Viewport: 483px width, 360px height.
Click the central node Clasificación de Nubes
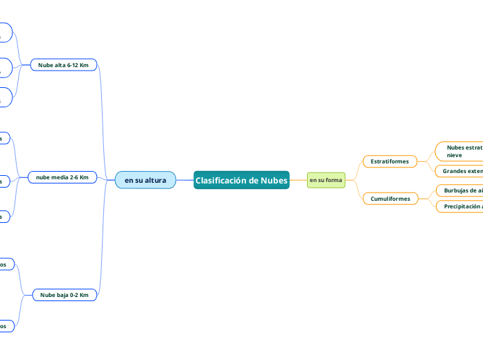click(x=241, y=180)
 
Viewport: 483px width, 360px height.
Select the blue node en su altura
click(x=145, y=180)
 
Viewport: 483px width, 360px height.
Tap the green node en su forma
click(x=326, y=180)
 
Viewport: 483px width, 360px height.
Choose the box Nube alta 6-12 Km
click(x=63, y=64)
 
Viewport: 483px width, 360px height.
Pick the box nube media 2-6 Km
click(x=62, y=177)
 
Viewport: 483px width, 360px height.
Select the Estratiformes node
click(x=389, y=161)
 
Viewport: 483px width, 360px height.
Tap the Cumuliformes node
click(x=390, y=199)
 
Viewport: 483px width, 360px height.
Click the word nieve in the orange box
click(x=455, y=155)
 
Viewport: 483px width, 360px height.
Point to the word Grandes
click(x=454, y=171)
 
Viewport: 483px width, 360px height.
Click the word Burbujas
click(x=457, y=190)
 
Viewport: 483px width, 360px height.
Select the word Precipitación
click(x=462, y=206)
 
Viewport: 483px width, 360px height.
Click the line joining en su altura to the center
click(x=184, y=180)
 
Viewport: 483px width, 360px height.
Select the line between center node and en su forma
click(x=298, y=180)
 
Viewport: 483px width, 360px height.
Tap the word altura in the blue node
click(x=155, y=180)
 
